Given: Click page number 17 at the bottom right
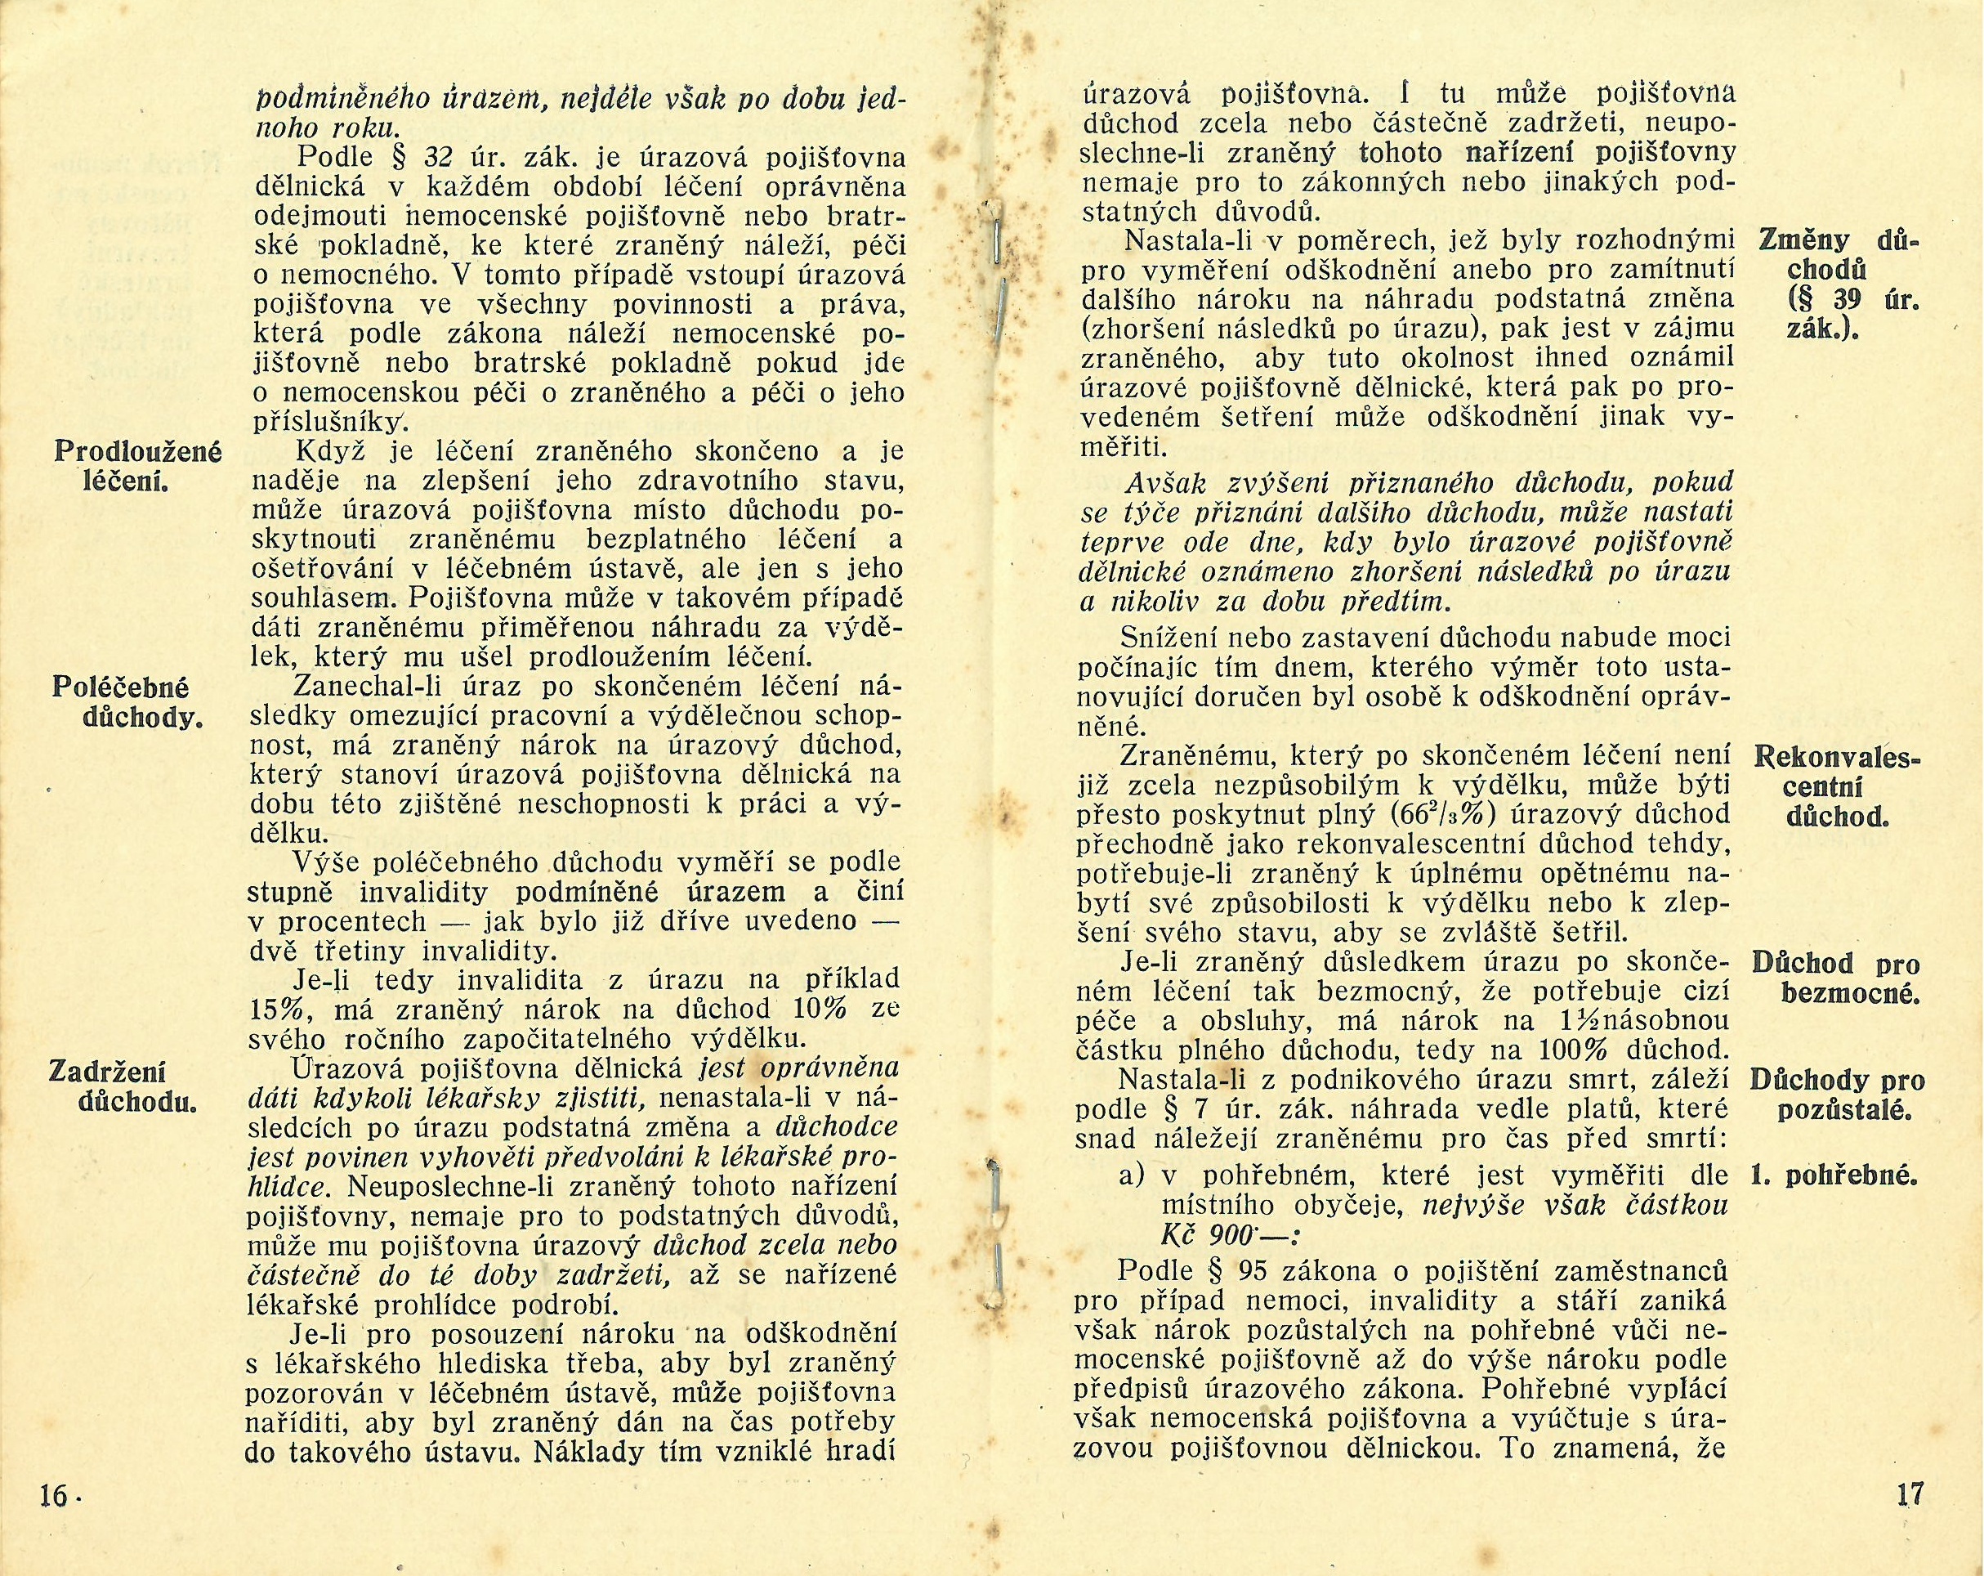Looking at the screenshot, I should point(1910,1493).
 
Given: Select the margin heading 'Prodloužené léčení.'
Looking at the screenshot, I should point(137,466).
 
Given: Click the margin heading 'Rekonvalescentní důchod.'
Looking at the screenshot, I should point(1838,786).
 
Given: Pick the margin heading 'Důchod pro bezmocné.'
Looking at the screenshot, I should point(1837,978).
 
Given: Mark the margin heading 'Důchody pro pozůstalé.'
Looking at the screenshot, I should point(1837,1095).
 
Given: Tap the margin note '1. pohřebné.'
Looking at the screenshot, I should point(1835,1175).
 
